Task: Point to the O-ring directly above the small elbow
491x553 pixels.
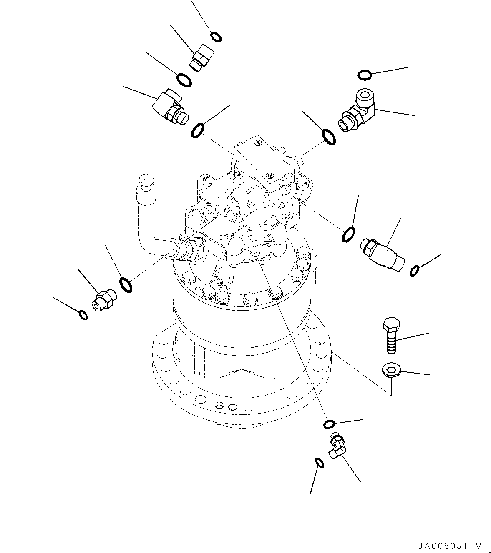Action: (x=329, y=424)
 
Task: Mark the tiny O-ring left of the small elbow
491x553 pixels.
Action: (x=319, y=463)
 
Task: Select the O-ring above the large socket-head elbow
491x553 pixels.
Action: (x=364, y=75)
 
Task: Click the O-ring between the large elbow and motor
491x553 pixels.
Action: (x=328, y=137)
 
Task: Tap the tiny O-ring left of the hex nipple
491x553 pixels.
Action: (x=83, y=314)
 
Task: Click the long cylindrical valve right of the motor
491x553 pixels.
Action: (x=384, y=254)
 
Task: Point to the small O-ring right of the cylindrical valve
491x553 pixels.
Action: (x=414, y=271)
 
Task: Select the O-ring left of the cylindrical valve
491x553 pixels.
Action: (x=348, y=235)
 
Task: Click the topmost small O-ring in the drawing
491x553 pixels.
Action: (x=216, y=37)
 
